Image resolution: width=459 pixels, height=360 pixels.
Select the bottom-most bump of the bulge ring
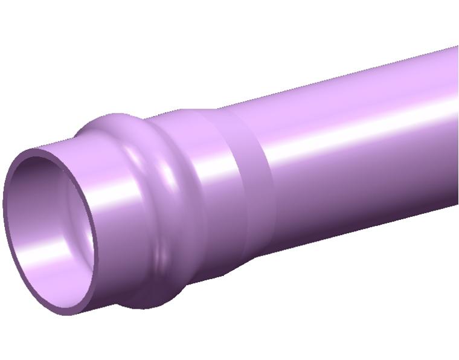145,305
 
